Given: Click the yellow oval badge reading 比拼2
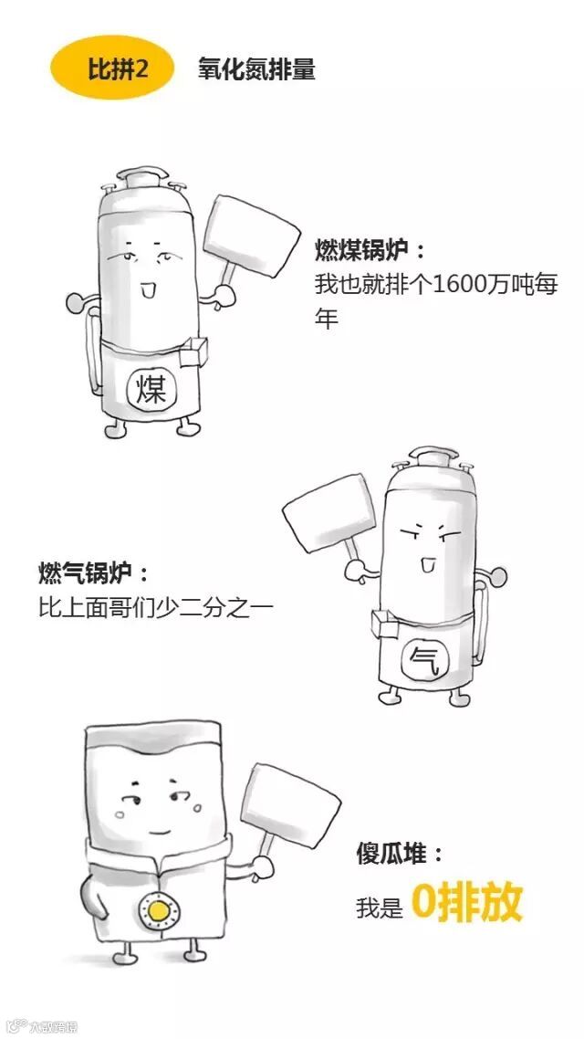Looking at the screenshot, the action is pyautogui.click(x=112, y=70).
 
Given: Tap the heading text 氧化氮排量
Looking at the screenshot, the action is pyautogui.click(x=256, y=70).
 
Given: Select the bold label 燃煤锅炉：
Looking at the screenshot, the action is pyautogui.click(x=370, y=249).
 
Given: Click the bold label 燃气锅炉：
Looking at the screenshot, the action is pyautogui.click(x=92, y=573).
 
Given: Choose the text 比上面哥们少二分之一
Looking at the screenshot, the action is pyautogui.click(x=155, y=606).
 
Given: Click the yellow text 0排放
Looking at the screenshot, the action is pyautogui.click(x=466, y=902).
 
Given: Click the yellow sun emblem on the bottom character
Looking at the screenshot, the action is pyautogui.click(x=159, y=909).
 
